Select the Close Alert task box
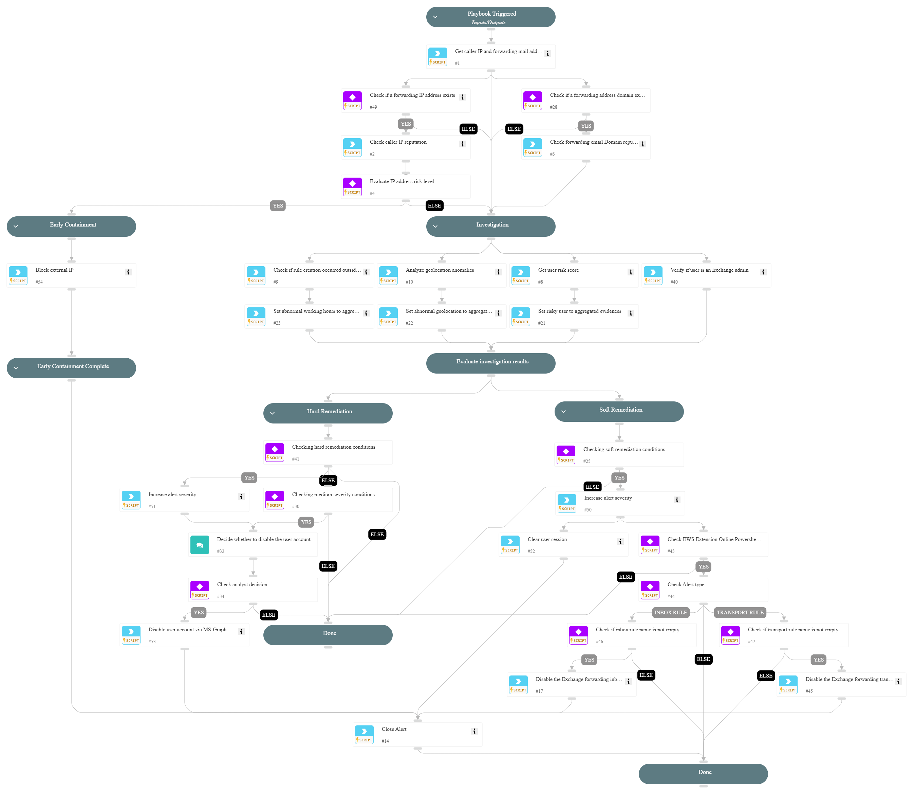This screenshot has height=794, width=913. coord(417,735)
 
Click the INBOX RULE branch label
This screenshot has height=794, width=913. coord(670,612)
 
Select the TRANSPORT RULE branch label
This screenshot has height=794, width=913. coord(740,612)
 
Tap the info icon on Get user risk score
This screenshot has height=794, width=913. coord(631,272)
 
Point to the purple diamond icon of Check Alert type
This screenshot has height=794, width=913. coord(650,587)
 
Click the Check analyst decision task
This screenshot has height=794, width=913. coord(253,590)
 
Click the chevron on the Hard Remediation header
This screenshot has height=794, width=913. coord(272,413)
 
